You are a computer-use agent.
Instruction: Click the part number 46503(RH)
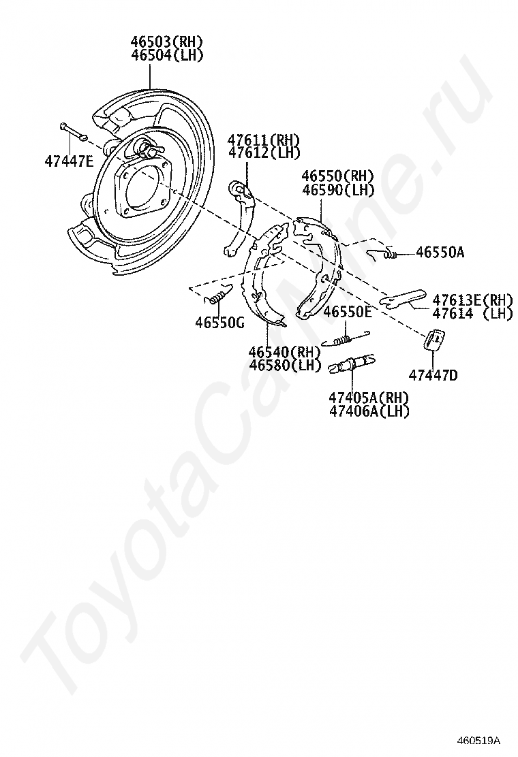(167, 43)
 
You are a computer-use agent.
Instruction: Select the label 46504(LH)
(167, 56)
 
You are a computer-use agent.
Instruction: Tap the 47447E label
(69, 162)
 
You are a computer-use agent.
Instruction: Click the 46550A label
(440, 253)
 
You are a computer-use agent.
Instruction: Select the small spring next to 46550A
(384, 254)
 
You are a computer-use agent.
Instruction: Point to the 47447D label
(433, 374)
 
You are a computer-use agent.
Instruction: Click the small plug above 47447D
(434, 339)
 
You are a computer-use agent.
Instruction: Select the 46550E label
(348, 312)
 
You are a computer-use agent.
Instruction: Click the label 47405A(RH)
(368, 398)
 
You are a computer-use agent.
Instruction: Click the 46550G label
(219, 323)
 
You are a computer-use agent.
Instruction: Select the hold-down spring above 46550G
(217, 295)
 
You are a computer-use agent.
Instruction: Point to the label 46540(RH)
(284, 352)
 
